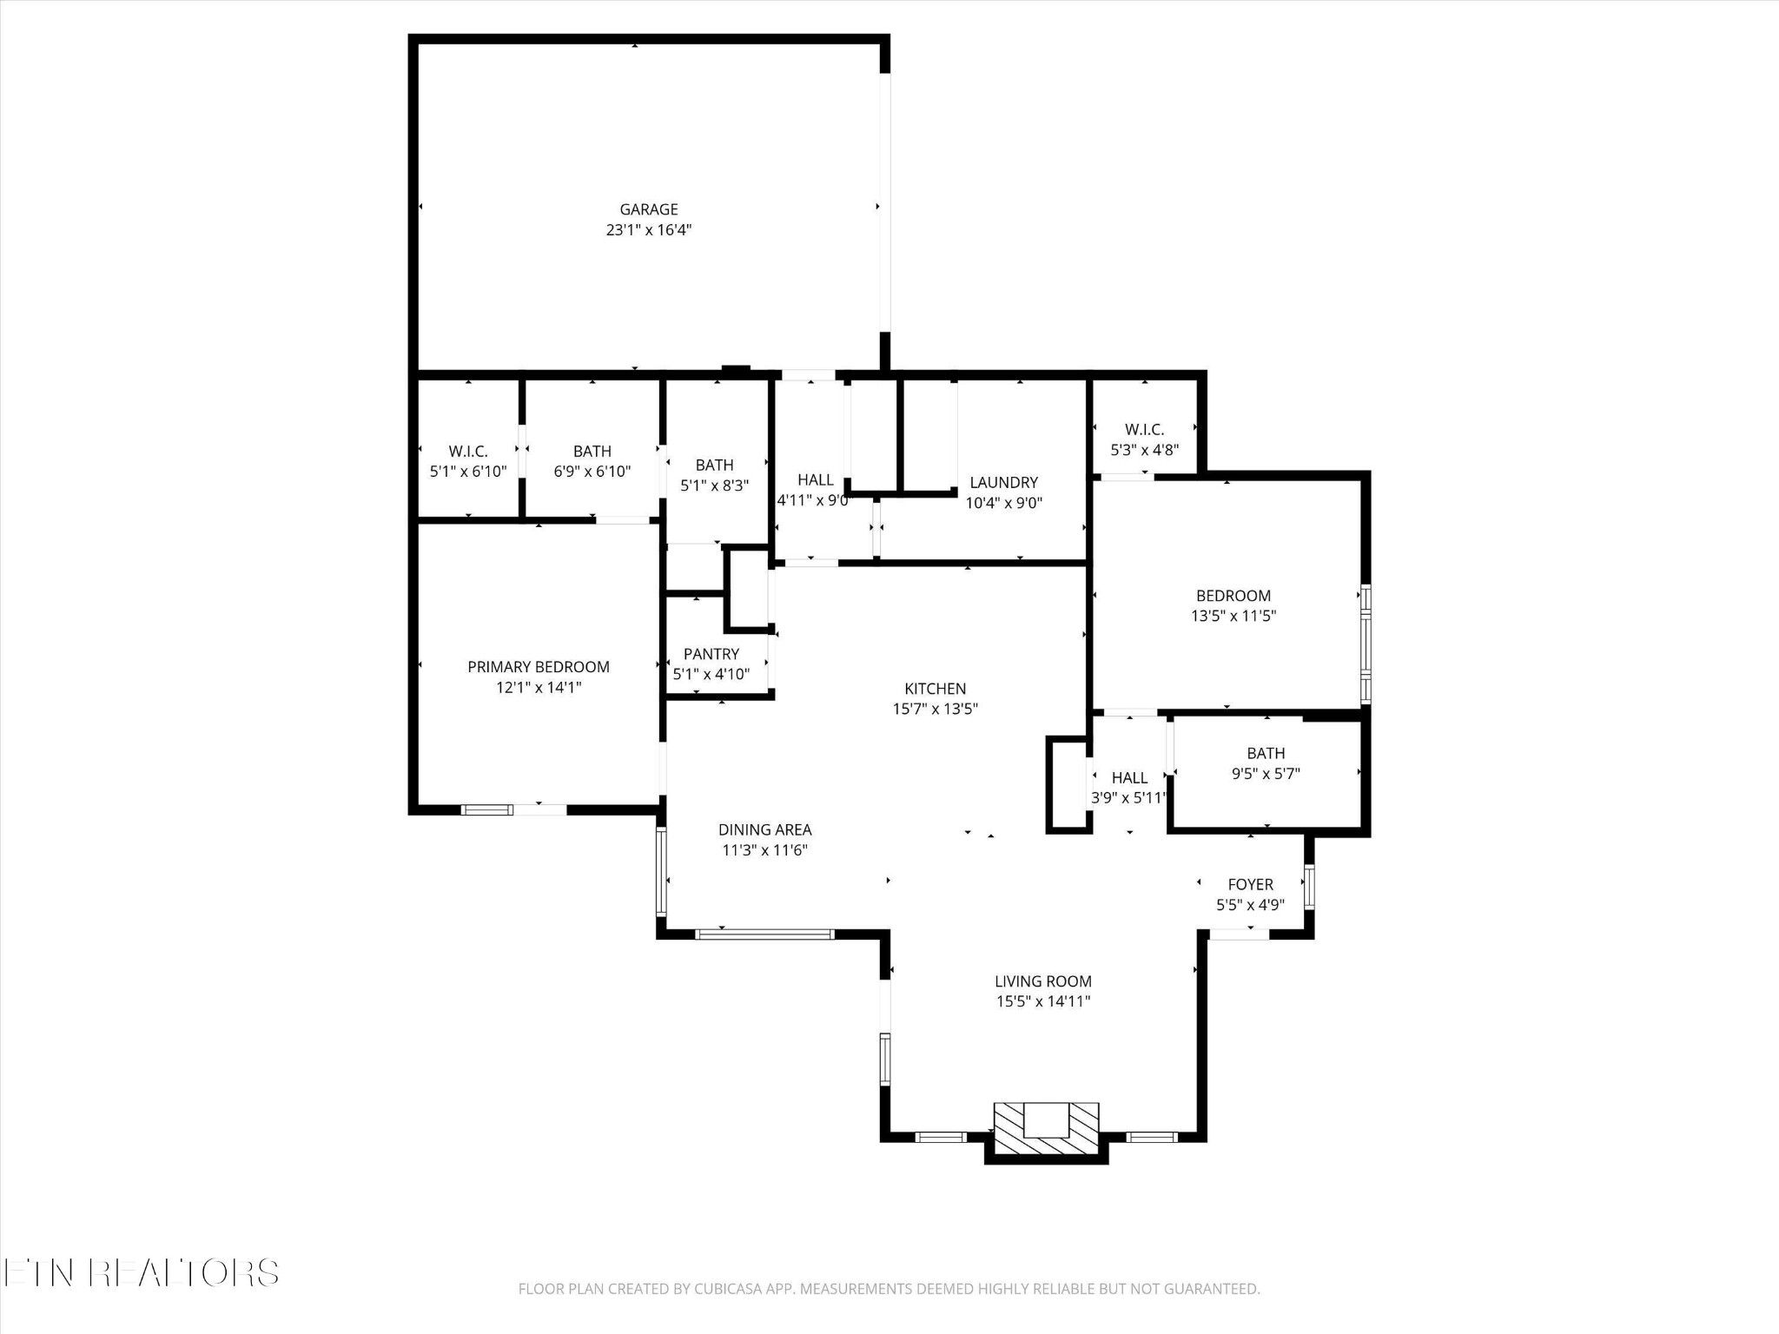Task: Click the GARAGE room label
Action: (649, 209)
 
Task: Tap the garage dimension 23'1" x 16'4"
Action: (649, 230)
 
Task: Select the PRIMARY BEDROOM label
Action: (539, 667)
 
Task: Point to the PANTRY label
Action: (711, 654)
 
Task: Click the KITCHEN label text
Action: (936, 689)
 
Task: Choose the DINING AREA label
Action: (765, 830)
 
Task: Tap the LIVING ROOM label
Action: (1043, 981)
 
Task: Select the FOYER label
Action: (1251, 885)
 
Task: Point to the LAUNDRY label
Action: (1004, 483)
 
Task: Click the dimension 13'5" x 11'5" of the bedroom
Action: (1233, 617)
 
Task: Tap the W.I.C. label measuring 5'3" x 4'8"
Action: (1145, 430)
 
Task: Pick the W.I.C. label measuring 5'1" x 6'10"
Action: (468, 452)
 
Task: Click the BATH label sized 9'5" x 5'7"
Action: (1266, 754)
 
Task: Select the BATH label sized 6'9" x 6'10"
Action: (592, 452)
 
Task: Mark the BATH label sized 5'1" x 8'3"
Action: (715, 466)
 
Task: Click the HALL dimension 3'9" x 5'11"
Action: (1129, 798)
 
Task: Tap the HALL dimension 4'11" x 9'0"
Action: (814, 501)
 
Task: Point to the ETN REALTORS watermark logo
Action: (141, 1273)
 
